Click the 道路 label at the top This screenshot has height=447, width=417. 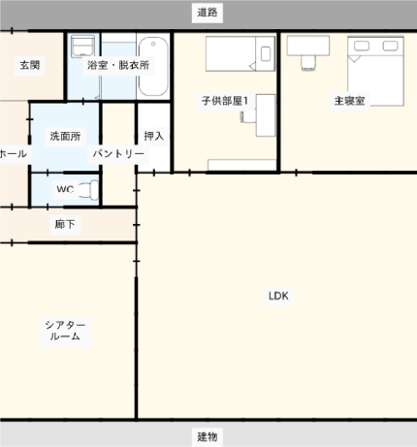[208, 13]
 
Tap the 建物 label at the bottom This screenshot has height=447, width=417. [208, 436]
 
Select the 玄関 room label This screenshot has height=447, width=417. [30, 65]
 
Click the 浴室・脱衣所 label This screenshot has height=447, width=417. [118, 65]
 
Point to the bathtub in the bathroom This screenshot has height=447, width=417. [153, 66]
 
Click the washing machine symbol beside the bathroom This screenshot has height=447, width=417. [82, 47]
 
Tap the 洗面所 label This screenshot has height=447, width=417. [65, 136]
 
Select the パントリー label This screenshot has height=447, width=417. [118, 153]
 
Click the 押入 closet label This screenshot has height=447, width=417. [153, 136]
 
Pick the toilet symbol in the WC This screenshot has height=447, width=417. [88, 190]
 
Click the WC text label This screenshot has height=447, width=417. [65, 189]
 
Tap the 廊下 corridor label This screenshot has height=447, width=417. [65, 224]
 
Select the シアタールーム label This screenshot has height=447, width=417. [65, 331]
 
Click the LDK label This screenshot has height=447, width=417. [278, 296]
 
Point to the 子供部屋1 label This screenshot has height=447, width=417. [225, 101]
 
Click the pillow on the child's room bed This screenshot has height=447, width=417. [266, 53]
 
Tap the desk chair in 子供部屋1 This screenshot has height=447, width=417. [248, 116]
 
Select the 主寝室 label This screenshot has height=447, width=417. [349, 101]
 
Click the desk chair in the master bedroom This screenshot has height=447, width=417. [308, 63]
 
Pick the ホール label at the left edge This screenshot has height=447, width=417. [13, 153]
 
